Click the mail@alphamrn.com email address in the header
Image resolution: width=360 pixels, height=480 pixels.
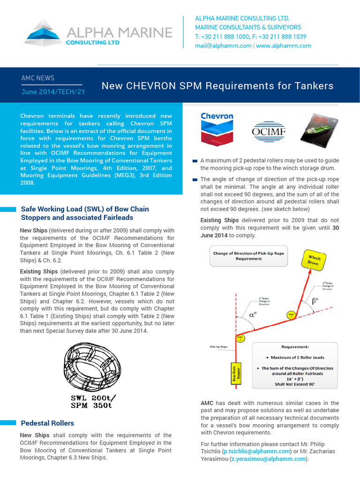pos(223,46)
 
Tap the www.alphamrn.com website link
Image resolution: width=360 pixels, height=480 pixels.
pos(284,46)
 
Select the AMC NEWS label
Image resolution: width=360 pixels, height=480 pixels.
pos(38,78)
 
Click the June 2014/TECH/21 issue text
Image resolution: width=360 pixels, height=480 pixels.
pos(53,92)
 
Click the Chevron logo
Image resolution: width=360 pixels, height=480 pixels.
pos(217,128)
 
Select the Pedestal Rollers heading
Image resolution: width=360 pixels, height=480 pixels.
pos(47,423)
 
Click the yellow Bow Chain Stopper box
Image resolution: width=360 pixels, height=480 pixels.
pos(232,375)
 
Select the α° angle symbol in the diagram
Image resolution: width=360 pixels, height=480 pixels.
pos(253,315)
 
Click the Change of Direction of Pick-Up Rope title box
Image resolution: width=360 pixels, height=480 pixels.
pos(248,256)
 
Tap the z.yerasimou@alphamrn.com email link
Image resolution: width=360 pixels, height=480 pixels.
pos(268,459)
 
